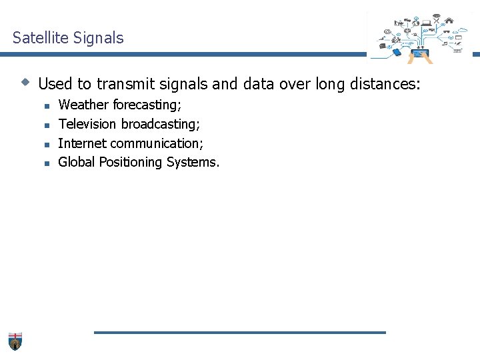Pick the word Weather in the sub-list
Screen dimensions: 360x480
83,105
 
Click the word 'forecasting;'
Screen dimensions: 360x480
147,105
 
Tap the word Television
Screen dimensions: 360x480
87,124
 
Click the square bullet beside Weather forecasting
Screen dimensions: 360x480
47,106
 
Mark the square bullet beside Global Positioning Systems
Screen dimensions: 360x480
47,163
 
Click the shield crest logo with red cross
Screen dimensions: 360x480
15,341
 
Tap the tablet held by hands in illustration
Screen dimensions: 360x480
419,53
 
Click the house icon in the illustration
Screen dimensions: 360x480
449,20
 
